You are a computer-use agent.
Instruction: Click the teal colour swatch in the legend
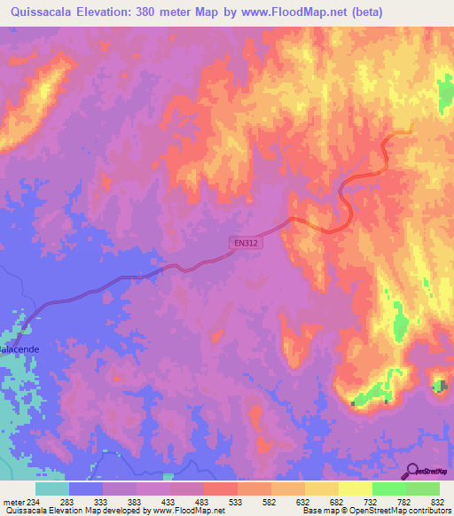[52, 489]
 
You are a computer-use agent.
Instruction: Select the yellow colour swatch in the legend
[356, 489]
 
